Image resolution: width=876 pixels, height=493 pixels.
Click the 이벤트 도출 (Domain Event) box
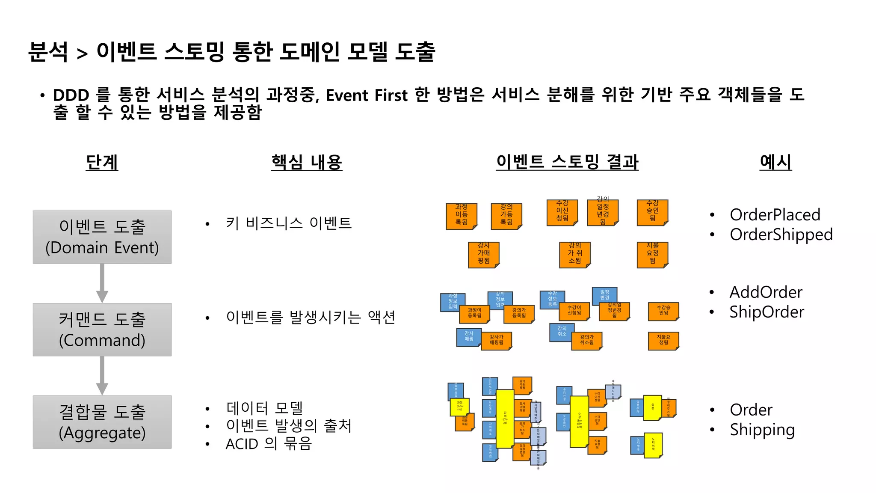pos(102,237)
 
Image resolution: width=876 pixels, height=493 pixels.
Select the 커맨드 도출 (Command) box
pos(102,330)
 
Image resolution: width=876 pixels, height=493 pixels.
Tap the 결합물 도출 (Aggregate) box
pos(102,422)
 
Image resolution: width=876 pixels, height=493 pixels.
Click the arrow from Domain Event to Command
pos(102,283)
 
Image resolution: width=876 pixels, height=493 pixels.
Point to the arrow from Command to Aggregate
pos(102,375)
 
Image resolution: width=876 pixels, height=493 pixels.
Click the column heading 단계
pos(102,162)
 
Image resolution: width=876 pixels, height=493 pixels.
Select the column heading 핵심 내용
pos(307,162)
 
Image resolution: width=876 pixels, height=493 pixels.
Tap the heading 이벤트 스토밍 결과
pos(567,162)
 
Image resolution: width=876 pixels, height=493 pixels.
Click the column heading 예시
pos(775,162)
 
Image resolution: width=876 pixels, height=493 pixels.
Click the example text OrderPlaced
pos(775,214)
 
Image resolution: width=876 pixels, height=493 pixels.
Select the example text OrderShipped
pos(781,235)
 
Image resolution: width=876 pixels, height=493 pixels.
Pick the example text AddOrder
pos(766,292)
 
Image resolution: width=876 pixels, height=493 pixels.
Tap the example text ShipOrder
pos(766,312)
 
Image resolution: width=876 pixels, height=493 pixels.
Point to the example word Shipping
pos(762,430)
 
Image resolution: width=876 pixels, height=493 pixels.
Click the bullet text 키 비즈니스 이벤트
pos(289,223)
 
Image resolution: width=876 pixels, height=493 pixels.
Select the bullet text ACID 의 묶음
pos(269,444)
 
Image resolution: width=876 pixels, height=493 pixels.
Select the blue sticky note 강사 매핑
pos(469,337)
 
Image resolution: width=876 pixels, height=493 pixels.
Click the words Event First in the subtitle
pos(367,95)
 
